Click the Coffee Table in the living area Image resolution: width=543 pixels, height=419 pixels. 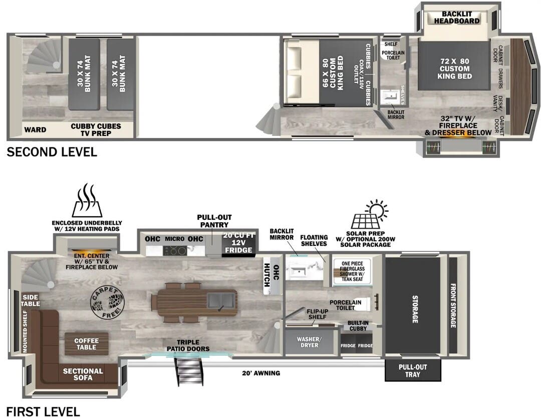pyautogui.click(x=87, y=344)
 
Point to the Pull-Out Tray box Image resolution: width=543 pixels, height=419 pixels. pyautogui.click(x=412, y=370)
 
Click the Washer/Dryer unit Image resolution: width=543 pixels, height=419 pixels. pyautogui.click(x=309, y=342)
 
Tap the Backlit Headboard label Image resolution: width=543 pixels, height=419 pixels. pyautogui.click(x=456, y=18)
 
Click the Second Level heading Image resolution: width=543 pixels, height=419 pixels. pyautogui.click(x=52, y=152)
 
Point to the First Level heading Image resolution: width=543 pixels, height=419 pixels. pyautogui.click(x=43, y=411)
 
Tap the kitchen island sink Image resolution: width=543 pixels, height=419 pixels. pyautogui.click(x=221, y=301)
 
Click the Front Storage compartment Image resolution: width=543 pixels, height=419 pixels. pyautogui.click(x=453, y=306)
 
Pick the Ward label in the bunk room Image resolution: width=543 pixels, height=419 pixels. pyautogui.click(x=36, y=130)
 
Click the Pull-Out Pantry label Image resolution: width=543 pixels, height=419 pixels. pyautogui.click(x=214, y=221)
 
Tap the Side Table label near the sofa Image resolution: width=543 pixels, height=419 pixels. pyautogui.click(x=30, y=301)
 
